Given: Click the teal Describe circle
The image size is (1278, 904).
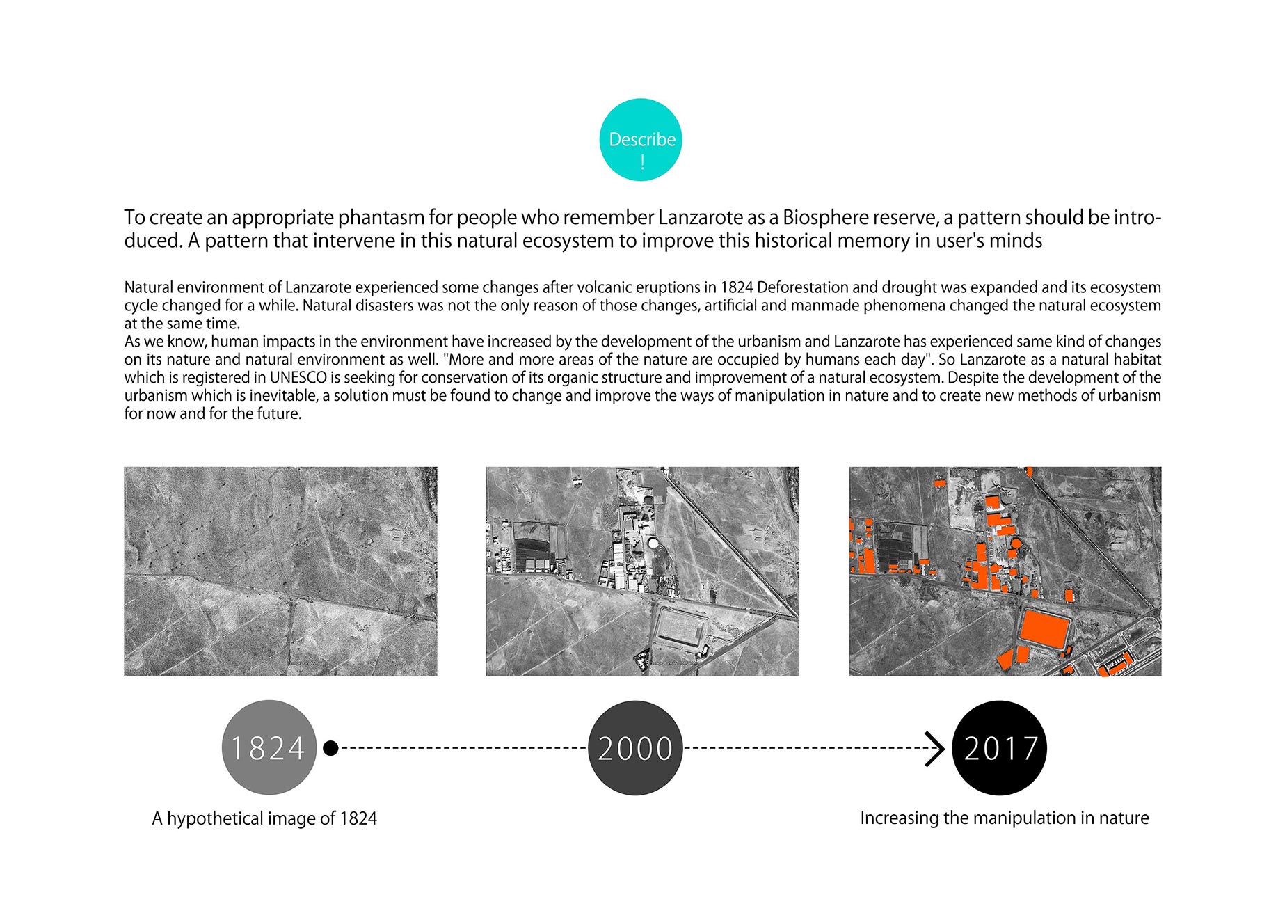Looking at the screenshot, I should (x=641, y=140).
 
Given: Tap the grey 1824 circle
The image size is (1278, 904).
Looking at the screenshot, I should (x=269, y=747).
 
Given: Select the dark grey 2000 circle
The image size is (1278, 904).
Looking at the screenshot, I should (x=635, y=748).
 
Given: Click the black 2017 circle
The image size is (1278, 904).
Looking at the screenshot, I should (x=1000, y=748).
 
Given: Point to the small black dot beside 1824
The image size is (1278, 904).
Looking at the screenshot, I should (x=331, y=748).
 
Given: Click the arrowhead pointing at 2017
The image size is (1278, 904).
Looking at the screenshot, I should (x=936, y=749).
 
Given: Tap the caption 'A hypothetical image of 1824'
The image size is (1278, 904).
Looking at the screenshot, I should (x=264, y=818).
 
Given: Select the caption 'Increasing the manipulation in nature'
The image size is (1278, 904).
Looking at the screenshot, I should (x=1004, y=818).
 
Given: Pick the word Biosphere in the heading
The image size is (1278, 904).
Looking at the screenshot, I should (x=825, y=218).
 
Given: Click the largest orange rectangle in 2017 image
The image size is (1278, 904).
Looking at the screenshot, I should (x=1045, y=631).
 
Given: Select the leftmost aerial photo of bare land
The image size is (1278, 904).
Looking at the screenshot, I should (x=280, y=571).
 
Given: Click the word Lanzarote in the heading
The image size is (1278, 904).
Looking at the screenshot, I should (x=701, y=218).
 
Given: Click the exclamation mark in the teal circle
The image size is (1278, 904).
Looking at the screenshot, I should (x=642, y=163).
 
